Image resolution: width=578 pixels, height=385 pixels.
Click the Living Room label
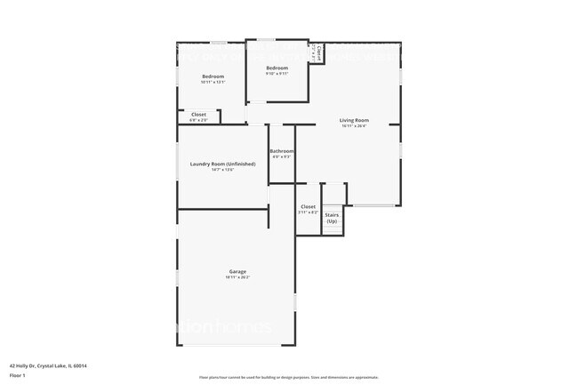pos(354,120)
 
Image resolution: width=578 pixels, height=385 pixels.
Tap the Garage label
pos(237,271)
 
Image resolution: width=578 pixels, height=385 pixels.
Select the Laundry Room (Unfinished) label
pos(222,164)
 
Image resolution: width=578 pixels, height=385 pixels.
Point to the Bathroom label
pos(282,151)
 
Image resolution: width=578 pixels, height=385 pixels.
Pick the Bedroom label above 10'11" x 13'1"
pos(213,76)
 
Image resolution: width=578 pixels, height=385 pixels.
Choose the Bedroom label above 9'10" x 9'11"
pos(277,68)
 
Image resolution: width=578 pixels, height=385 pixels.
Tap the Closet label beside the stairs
pos(308,206)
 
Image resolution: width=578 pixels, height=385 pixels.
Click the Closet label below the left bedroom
pos(198,114)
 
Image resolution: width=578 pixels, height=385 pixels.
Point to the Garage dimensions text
pos(237,277)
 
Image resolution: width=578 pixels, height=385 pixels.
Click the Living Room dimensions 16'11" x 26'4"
pos(354,126)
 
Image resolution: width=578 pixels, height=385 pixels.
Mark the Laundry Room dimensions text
pos(222,170)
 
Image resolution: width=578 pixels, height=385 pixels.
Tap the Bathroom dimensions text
pos(282,157)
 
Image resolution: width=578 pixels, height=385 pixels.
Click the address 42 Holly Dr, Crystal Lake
pos(48,365)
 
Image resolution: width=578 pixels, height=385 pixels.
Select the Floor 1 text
pos(18,375)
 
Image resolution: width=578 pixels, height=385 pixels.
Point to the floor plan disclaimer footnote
pos(289,377)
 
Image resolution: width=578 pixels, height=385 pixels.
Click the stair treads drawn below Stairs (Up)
pos(332,229)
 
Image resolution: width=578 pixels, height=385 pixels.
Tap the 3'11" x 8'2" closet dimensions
pos(308,213)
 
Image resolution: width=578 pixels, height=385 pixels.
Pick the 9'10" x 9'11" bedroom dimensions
pos(277,74)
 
